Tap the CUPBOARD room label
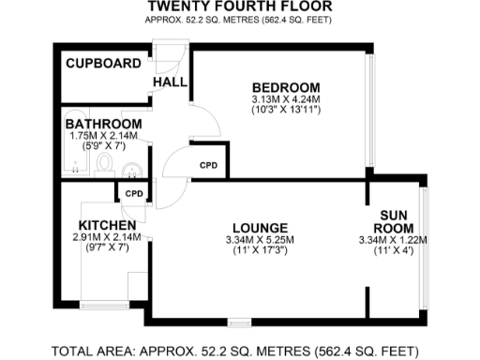[x=103, y=64]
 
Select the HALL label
[x=171, y=83]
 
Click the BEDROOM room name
[x=286, y=87]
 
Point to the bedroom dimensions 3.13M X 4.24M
[x=286, y=99]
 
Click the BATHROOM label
[x=103, y=124]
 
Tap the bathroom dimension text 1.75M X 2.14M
[x=103, y=135]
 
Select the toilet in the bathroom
[x=105, y=167]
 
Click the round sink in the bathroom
[x=133, y=169]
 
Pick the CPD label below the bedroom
[x=209, y=165]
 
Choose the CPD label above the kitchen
[x=133, y=195]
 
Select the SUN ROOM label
[x=394, y=220]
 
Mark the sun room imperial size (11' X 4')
[x=394, y=250]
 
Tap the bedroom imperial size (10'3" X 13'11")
[x=286, y=110]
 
